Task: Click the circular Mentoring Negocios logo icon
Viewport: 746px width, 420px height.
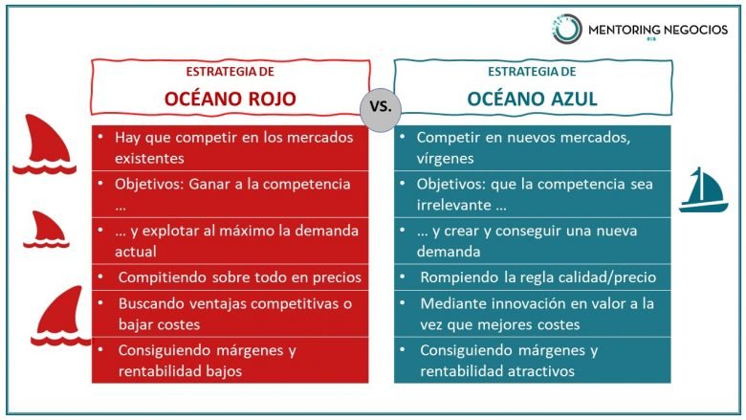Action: pyautogui.click(x=566, y=28)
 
